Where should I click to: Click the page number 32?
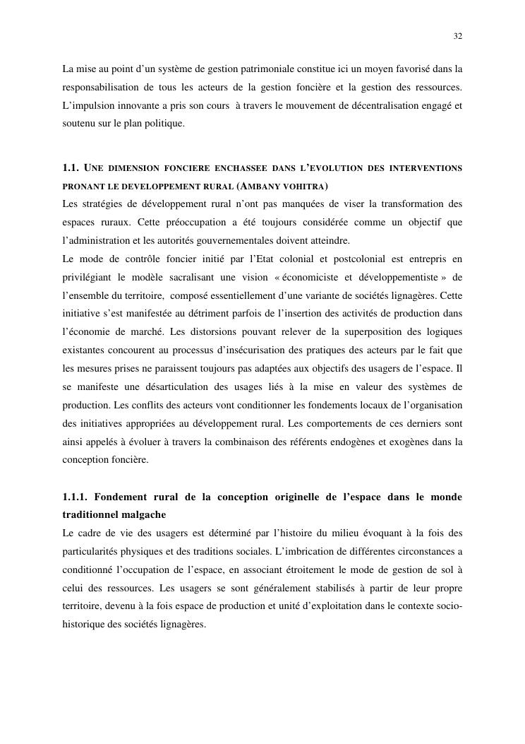point(458,36)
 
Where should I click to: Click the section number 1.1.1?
point(74,497)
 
